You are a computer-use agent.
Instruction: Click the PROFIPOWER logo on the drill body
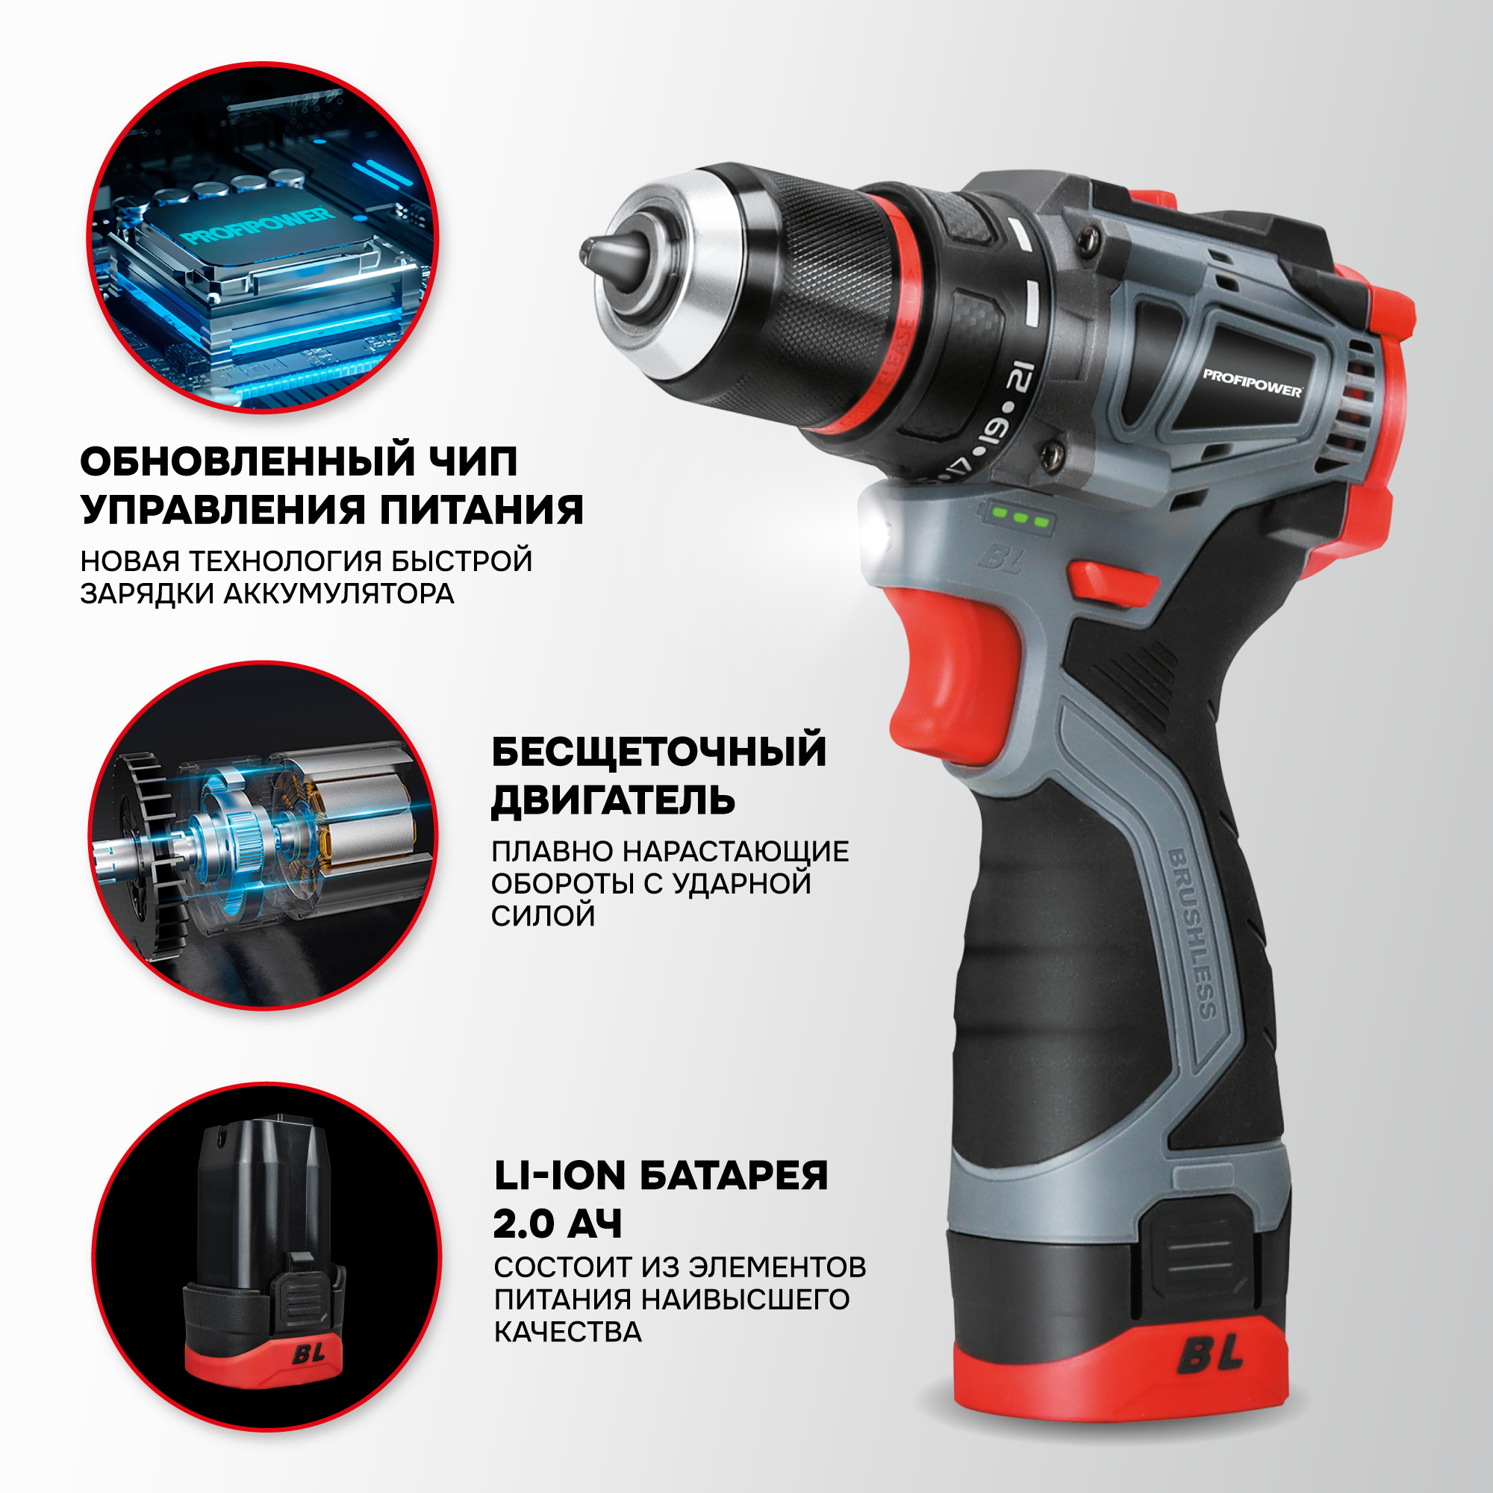click(1252, 383)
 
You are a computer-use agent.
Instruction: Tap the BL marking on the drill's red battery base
click(1210, 1374)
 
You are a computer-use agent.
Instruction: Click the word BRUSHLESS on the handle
click(1191, 935)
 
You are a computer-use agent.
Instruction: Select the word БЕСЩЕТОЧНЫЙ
click(658, 752)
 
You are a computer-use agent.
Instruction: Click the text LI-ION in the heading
click(559, 1176)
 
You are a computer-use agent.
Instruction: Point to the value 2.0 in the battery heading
click(525, 1224)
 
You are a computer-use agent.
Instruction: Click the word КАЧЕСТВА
click(568, 1333)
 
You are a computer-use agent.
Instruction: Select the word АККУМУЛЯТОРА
click(338, 593)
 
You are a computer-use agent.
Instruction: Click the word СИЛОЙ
click(543, 916)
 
